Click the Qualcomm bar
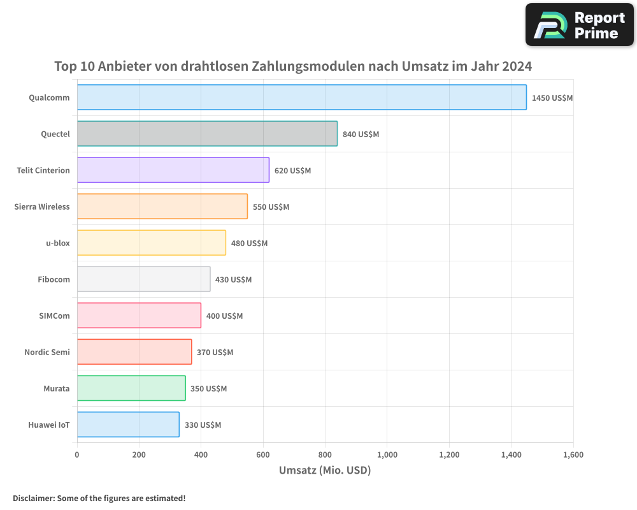pos(301,98)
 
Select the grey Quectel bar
pos(207,134)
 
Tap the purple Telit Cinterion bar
pos(173,170)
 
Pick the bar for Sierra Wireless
pos(162,207)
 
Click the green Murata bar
pos(131,388)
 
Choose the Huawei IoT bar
pos(128,425)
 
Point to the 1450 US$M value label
pos(552,98)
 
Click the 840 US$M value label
pos(361,134)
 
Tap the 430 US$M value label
pos(233,279)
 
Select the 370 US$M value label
pos(215,352)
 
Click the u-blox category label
pos(58,243)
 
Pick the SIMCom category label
pos(54,316)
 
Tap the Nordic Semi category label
pos(47,352)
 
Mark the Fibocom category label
pos(54,279)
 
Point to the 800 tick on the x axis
pos(325,455)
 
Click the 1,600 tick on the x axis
pos(573,455)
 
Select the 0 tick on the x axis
pos(77,455)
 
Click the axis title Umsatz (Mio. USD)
pos(325,470)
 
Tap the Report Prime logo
pos(579,25)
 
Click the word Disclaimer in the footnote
pos(32,498)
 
